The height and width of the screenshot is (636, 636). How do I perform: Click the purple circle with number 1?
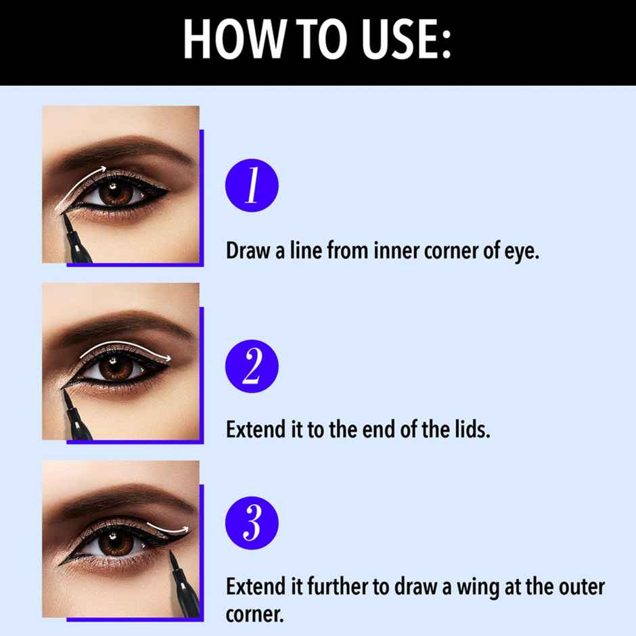tap(252, 185)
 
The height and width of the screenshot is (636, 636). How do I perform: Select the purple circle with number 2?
tap(252, 366)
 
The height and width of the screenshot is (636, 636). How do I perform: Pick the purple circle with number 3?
tap(252, 524)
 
